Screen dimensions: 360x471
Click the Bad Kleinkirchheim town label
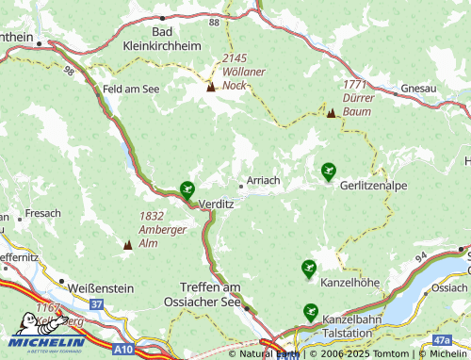click(x=163, y=37)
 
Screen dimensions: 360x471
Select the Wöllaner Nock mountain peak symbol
click(x=211, y=88)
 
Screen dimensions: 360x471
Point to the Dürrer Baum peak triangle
click(x=331, y=112)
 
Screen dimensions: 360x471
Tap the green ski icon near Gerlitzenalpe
click(x=328, y=171)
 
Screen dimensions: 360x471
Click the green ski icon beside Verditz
click(x=187, y=189)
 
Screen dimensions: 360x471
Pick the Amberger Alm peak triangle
click(x=127, y=244)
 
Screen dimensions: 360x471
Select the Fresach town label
click(x=43, y=214)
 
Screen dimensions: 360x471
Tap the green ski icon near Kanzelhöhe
click(x=308, y=269)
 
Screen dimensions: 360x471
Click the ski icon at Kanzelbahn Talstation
click(x=310, y=312)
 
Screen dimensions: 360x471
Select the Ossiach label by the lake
click(x=447, y=286)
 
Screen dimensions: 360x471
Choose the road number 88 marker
click(x=215, y=21)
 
